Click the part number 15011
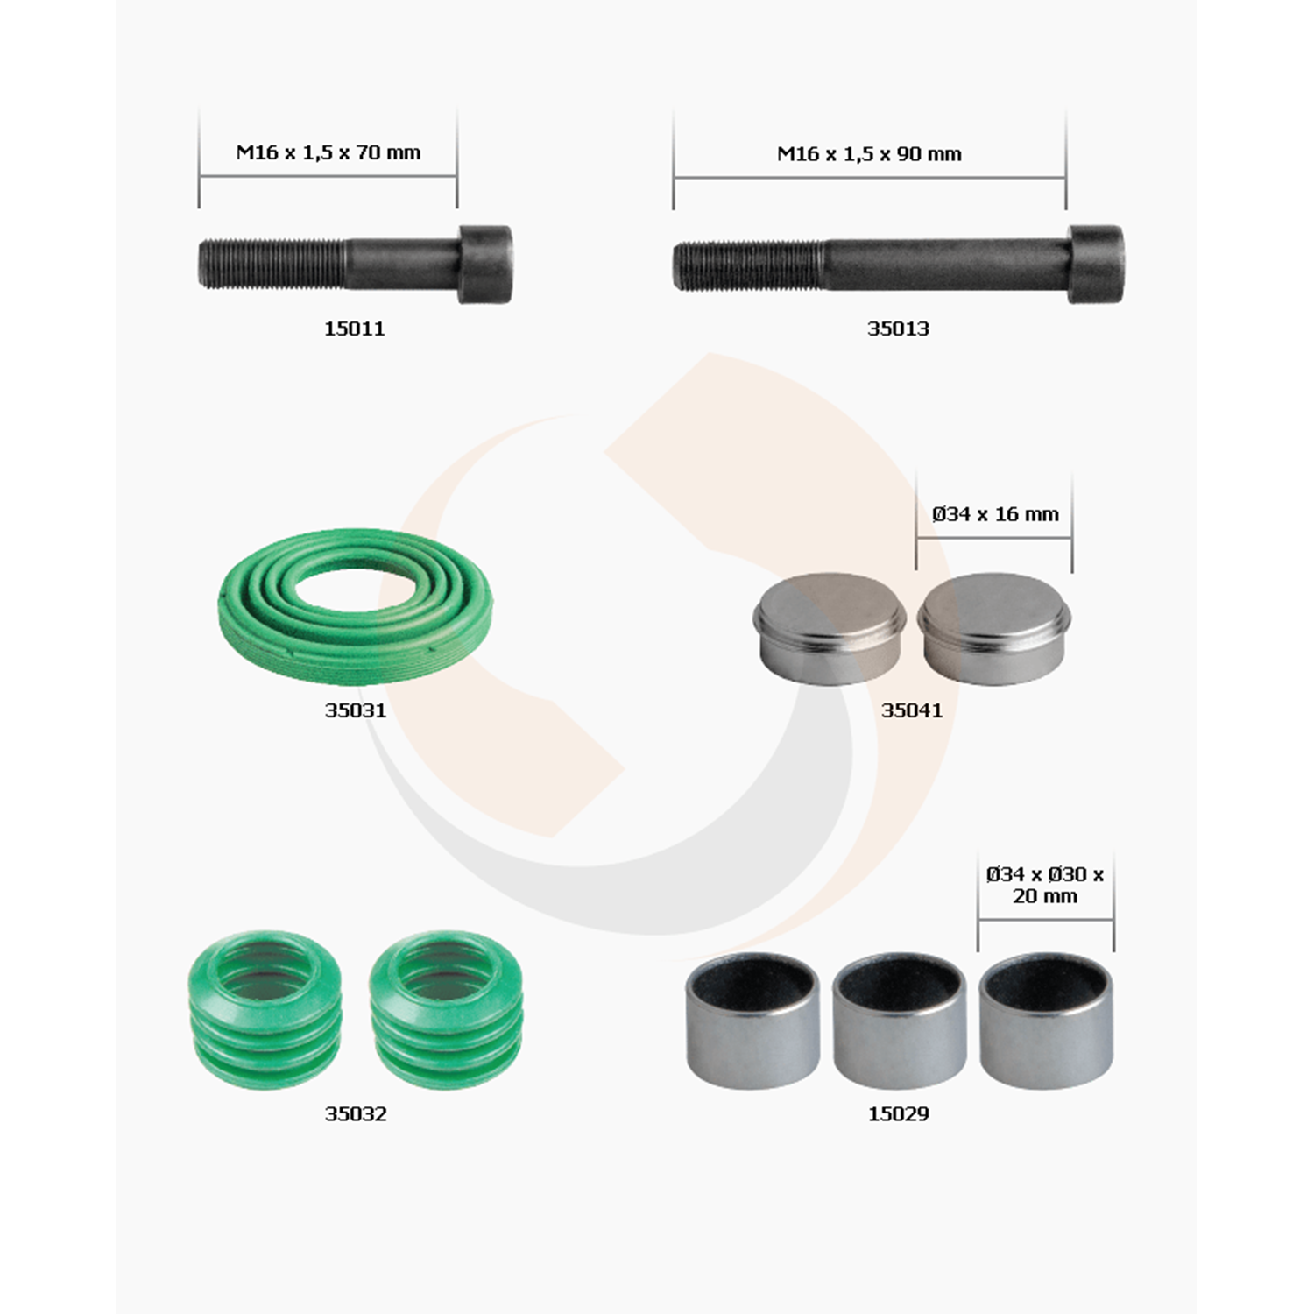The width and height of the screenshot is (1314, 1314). click(x=355, y=328)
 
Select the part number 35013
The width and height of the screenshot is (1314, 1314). click(x=898, y=328)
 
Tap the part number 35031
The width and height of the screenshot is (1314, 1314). click(x=356, y=710)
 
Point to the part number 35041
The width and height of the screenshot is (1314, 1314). click(x=912, y=710)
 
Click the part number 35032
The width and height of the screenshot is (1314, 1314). click(x=356, y=1114)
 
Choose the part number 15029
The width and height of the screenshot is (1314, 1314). click(x=899, y=1114)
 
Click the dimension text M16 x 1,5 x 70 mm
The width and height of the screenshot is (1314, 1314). click(x=328, y=152)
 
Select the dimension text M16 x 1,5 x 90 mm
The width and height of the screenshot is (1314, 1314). click(x=870, y=154)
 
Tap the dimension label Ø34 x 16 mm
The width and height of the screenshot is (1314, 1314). click(x=995, y=514)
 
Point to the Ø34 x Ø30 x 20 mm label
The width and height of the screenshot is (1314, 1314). click(x=1045, y=885)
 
